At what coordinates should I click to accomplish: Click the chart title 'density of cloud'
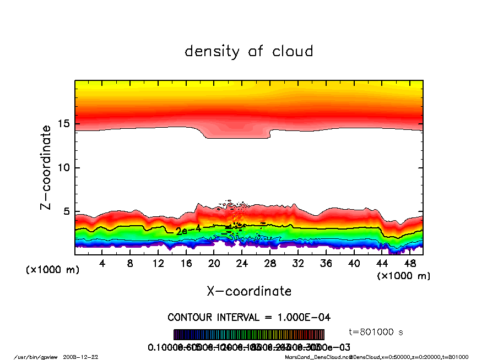248,52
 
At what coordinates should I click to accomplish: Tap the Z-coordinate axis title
46,167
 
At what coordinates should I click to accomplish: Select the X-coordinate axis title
249,291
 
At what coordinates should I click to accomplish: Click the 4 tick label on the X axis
102,263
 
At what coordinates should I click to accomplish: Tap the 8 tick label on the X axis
131,263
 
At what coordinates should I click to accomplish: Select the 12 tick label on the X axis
158,263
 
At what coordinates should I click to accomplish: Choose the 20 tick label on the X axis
214,263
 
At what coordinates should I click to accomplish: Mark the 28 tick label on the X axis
270,263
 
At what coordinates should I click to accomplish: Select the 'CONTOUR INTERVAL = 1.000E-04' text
249,318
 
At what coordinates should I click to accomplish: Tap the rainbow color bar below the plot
249,335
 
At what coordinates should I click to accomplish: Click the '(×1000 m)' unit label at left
53,270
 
